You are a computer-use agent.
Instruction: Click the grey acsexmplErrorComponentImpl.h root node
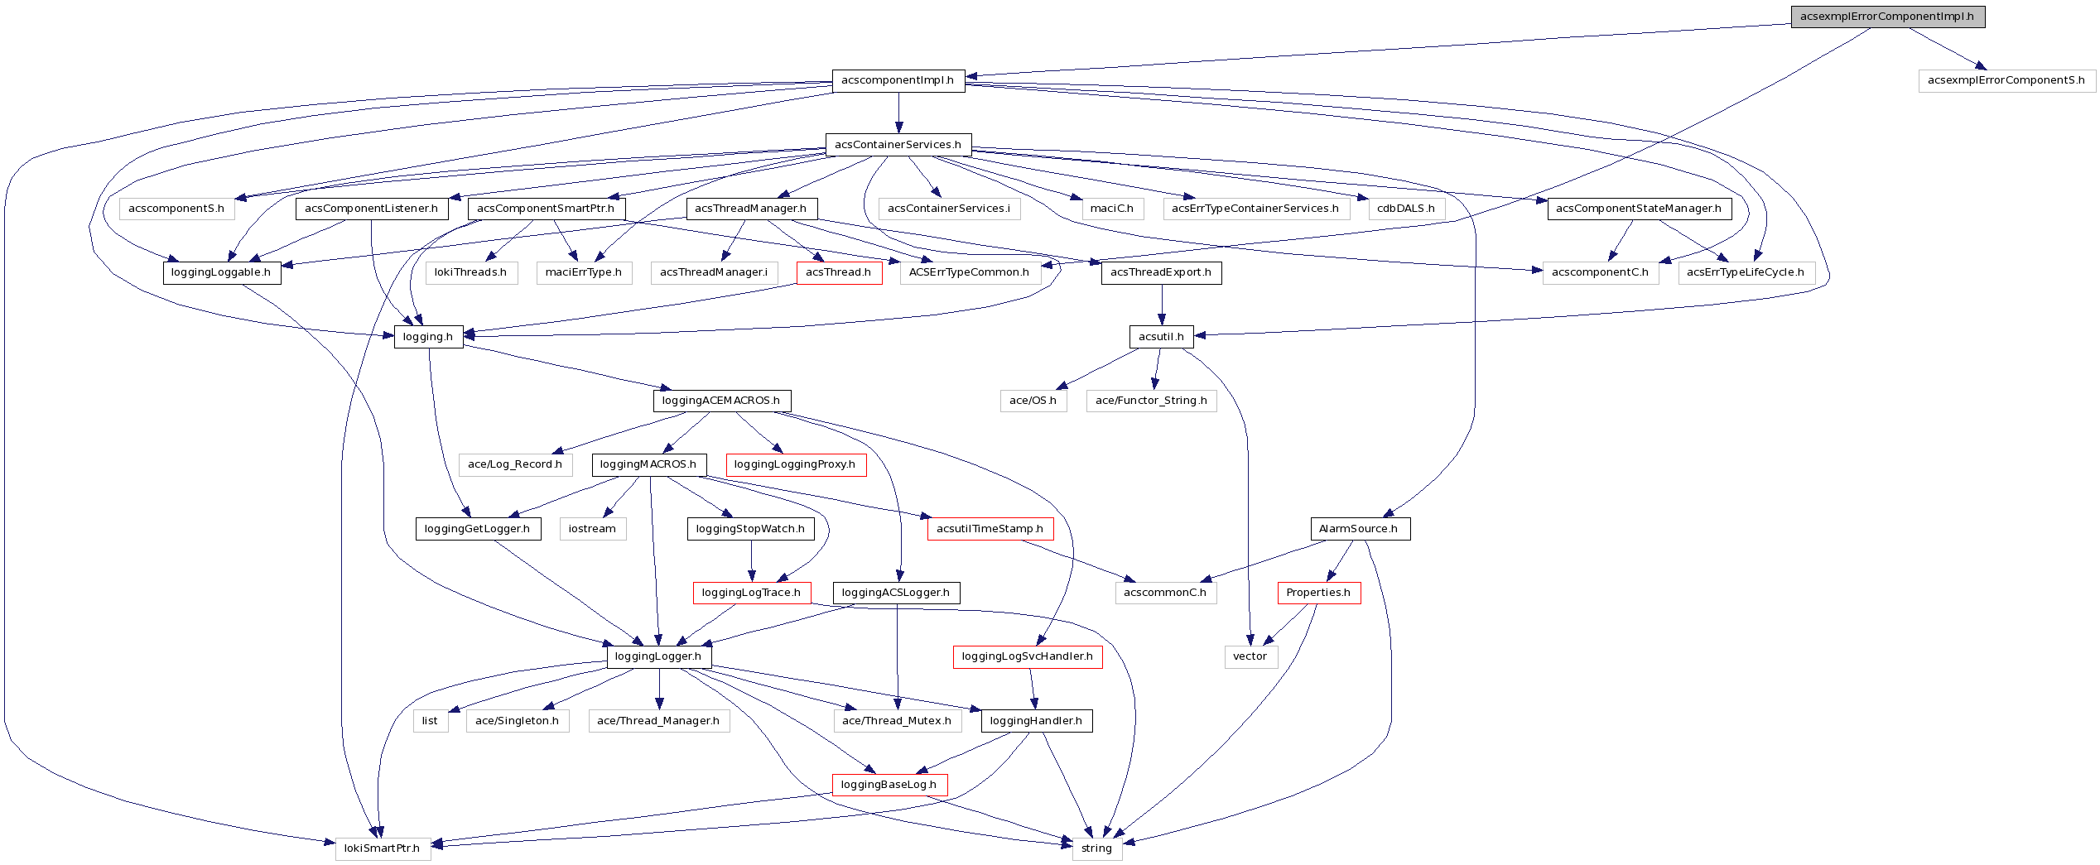[x=1887, y=17]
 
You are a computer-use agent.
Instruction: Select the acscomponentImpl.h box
[x=898, y=80]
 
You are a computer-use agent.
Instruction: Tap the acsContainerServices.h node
[x=898, y=145]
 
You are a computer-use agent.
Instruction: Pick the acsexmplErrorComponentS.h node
[x=2006, y=80]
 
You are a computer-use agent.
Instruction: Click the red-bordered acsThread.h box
[x=838, y=272]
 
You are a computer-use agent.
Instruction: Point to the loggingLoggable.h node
[x=221, y=272]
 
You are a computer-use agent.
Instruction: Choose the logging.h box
[x=427, y=337]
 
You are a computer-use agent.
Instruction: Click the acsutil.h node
[x=1161, y=337]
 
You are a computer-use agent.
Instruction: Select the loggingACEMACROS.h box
[x=721, y=401]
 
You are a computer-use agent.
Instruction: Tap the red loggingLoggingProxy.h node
[x=795, y=464]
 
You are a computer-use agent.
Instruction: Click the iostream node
[x=592, y=529]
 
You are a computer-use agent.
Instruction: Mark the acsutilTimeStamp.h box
[x=990, y=529]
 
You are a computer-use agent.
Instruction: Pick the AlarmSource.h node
[x=1359, y=529]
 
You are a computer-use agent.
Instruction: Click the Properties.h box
[x=1317, y=593]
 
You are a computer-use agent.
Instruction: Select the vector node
[x=1250, y=656]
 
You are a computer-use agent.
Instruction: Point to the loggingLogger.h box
[x=658, y=656]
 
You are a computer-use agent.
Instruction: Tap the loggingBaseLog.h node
[x=889, y=785]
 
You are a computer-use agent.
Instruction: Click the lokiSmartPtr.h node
[x=382, y=848]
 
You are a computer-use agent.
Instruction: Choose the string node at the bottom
[x=1096, y=848]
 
